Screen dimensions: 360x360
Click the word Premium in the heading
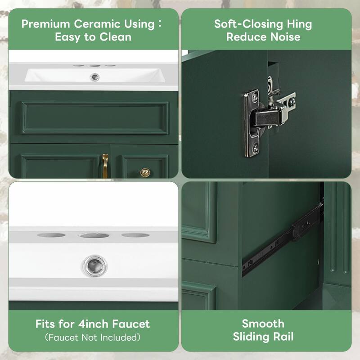46,24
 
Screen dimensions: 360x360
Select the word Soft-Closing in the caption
248,24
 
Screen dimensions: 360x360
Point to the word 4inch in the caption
94,324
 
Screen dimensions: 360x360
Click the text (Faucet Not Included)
93,337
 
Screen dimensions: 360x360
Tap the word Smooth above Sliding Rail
263,324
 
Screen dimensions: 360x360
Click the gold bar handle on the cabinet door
105,166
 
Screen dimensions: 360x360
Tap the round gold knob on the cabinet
145,172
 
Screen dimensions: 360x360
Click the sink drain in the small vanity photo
94,77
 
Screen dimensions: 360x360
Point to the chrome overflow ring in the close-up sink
94,265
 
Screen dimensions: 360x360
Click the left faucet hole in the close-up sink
51,235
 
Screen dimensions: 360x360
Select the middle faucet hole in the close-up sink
94,235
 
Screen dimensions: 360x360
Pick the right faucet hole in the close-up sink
135,235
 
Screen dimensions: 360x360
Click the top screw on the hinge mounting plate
255,96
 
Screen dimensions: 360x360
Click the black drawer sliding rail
283,239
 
